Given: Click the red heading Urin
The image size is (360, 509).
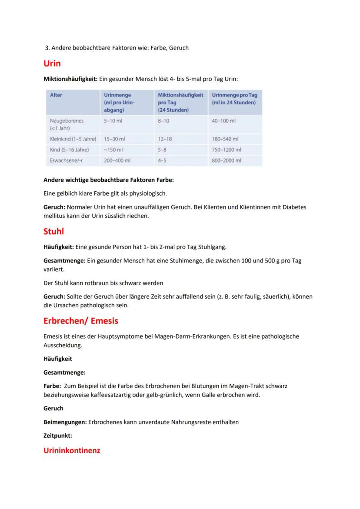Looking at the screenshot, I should click(x=52, y=64).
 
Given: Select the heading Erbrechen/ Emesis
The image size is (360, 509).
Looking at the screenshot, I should click(x=81, y=321).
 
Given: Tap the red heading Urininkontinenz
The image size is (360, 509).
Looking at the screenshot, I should click(x=72, y=451).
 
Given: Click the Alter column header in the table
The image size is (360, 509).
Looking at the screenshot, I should click(x=56, y=95).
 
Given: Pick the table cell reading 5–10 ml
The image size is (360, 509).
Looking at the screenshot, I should click(x=113, y=120).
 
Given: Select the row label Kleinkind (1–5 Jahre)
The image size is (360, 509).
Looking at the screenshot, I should click(x=73, y=139).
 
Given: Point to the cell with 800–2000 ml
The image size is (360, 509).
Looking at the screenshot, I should click(x=227, y=160).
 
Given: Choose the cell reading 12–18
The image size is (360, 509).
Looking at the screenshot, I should click(x=165, y=139).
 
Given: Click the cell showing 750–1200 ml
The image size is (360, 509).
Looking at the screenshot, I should click(x=227, y=150).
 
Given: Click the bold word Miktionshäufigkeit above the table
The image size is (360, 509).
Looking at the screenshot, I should click(x=70, y=79).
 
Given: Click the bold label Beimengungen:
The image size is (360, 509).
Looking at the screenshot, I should click(x=65, y=422).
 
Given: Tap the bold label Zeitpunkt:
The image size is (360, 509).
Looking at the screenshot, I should click(x=58, y=435).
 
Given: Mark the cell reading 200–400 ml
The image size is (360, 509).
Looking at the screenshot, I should click(x=117, y=160).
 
